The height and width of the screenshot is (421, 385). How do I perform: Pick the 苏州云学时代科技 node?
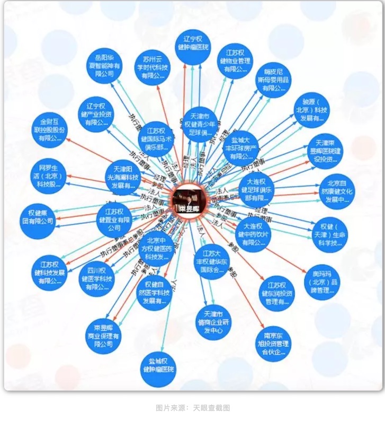153,67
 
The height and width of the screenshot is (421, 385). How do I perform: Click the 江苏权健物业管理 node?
235,60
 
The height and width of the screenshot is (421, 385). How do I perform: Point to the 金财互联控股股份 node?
50,130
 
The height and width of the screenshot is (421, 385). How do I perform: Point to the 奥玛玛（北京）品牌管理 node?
323,282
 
